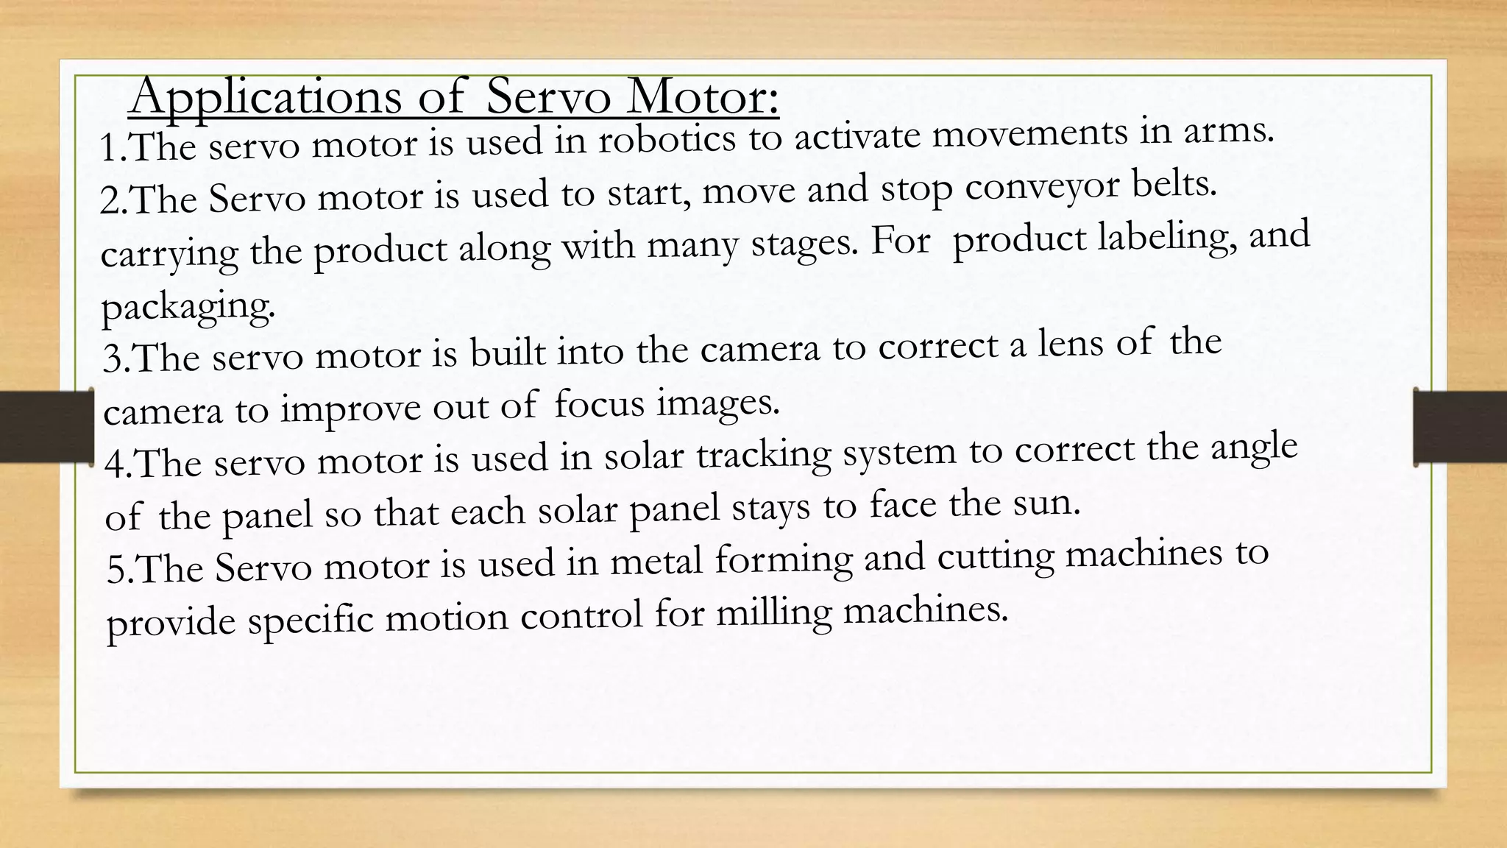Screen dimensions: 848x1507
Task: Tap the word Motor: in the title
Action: [702, 96]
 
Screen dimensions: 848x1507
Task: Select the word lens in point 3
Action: [1071, 343]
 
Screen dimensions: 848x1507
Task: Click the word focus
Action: [599, 403]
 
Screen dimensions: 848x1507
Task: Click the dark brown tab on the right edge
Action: [1460, 426]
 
